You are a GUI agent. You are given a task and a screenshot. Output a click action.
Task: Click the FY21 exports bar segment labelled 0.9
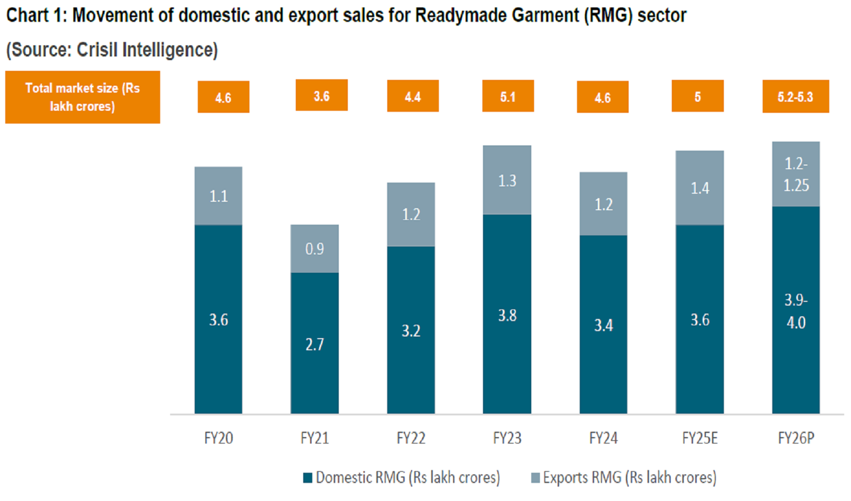click(x=314, y=249)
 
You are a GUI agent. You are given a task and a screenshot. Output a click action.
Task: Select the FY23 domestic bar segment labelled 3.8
click(x=507, y=314)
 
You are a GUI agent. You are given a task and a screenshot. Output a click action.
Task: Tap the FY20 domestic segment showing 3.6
click(x=218, y=319)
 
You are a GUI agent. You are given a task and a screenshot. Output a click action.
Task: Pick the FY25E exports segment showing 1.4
click(x=699, y=188)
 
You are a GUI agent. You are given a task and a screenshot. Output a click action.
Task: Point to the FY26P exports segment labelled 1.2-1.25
click(x=796, y=174)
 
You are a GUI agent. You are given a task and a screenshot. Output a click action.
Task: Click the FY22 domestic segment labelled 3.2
click(x=411, y=330)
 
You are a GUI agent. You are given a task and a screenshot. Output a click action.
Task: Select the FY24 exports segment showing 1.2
click(x=603, y=204)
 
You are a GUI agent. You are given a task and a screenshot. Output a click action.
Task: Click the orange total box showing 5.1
click(x=508, y=96)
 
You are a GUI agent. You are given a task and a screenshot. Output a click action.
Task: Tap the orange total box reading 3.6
click(x=321, y=96)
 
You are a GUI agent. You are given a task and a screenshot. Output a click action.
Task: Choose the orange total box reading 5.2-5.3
click(x=795, y=97)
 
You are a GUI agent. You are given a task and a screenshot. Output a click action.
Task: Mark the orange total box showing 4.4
click(x=413, y=96)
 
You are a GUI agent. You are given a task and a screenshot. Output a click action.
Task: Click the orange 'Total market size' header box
click(x=82, y=97)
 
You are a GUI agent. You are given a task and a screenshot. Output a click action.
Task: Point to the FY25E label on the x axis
click(x=699, y=438)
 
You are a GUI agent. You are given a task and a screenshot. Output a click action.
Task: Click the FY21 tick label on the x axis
click(x=314, y=438)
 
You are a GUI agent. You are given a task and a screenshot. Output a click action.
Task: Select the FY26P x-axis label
click(x=796, y=438)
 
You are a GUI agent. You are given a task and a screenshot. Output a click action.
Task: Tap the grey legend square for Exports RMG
click(x=536, y=478)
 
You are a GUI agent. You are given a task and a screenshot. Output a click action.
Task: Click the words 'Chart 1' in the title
click(x=34, y=15)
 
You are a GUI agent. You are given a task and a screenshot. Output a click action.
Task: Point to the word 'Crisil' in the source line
click(x=97, y=50)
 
